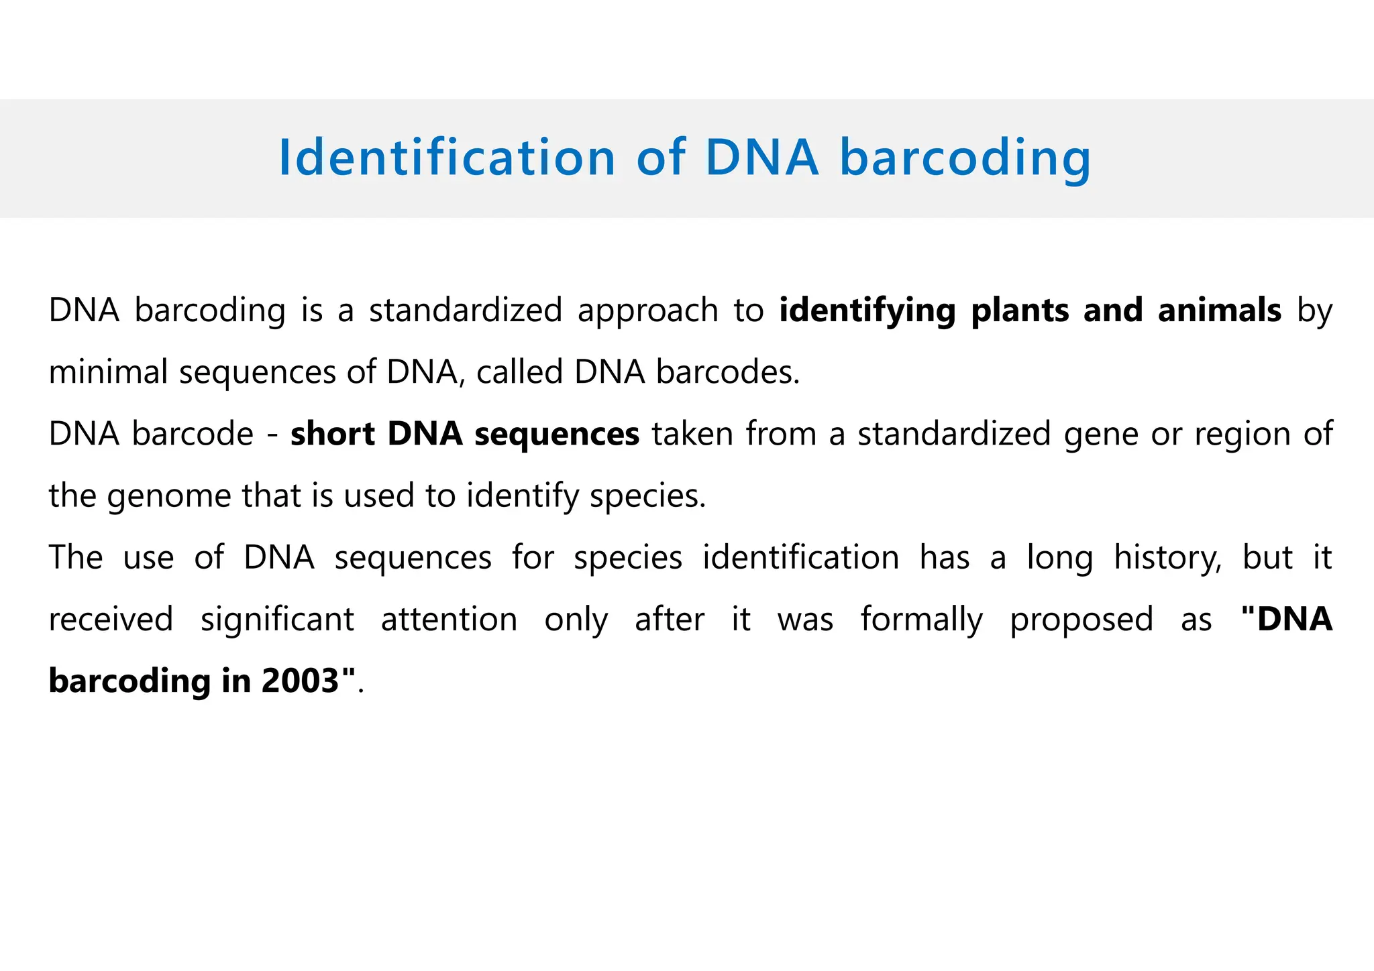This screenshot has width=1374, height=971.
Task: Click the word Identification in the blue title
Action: (447, 158)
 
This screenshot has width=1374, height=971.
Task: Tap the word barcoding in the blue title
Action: (965, 158)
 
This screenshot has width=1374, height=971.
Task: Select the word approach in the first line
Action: (648, 310)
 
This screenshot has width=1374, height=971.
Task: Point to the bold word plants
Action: (1020, 310)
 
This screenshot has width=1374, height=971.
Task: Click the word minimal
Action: (108, 372)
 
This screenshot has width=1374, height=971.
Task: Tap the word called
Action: (519, 372)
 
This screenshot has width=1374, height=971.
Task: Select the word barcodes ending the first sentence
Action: (727, 372)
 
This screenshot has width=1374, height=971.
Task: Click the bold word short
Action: (332, 434)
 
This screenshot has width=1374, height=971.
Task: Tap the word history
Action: (1167, 558)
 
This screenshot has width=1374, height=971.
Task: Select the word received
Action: (111, 619)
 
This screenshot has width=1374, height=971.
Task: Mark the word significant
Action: (277, 619)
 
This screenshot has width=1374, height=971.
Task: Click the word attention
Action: (449, 619)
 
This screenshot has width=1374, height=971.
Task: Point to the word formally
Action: (922, 619)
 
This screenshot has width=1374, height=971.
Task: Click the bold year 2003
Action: (300, 681)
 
